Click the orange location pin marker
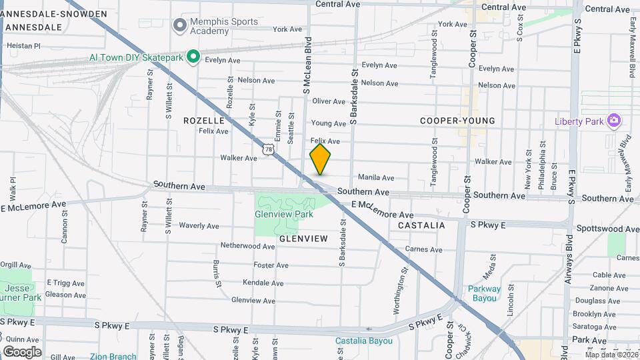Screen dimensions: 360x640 pyautogui.click(x=320, y=159)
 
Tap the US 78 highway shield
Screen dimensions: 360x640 pyautogui.click(x=268, y=149)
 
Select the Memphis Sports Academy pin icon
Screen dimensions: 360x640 pyautogui.click(x=179, y=25)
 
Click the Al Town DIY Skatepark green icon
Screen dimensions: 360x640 pyautogui.click(x=193, y=57)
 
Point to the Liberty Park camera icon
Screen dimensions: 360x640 pyautogui.click(x=614, y=121)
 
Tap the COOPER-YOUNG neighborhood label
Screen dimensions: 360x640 pyautogui.click(x=457, y=121)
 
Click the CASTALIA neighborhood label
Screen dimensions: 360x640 pyautogui.click(x=421, y=225)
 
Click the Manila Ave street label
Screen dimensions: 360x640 pyautogui.click(x=376, y=178)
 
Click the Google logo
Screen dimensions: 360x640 pyautogui.click(x=22, y=351)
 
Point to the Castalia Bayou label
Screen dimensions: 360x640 pyautogui.click(x=363, y=341)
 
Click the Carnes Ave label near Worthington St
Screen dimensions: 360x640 pyautogui.click(x=423, y=250)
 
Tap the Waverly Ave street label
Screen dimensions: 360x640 pyautogui.click(x=199, y=226)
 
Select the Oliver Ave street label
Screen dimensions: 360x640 pyautogui.click(x=329, y=101)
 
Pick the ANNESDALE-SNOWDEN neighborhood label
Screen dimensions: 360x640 pyautogui.click(x=54, y=14)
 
